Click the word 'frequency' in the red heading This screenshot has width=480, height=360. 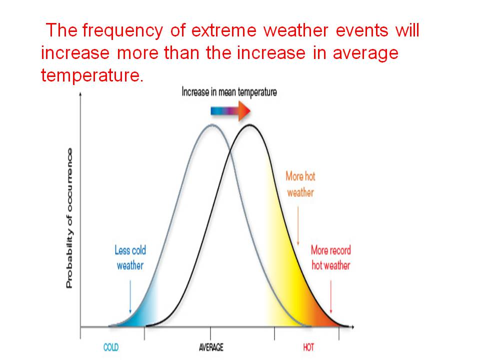tap(121, 31)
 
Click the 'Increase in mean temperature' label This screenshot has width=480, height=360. tap(229, 92)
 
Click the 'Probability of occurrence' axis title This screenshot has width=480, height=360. tap(69, 218)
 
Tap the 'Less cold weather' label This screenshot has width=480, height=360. tap(130, 257)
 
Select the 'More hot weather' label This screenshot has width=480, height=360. tap(300, 184)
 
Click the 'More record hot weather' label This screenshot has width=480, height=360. tap(330, 257)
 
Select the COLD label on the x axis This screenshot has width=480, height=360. tap(111, 347)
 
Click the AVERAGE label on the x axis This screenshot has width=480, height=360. tap(211, 347)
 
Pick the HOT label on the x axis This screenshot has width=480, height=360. tap(308, 347)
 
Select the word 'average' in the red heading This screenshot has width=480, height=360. tap(365, 53)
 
